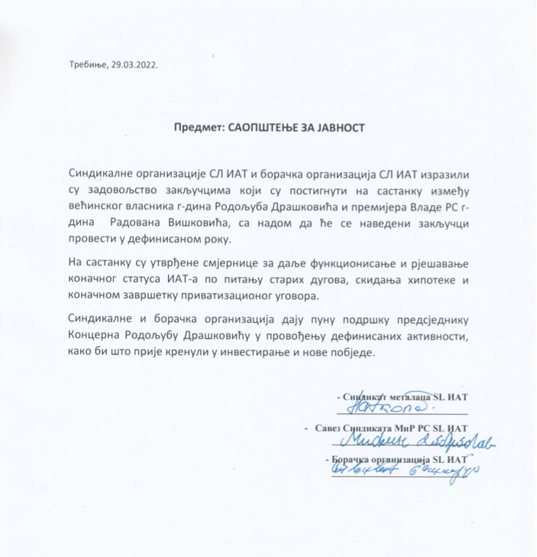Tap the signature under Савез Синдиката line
click(412, 441)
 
